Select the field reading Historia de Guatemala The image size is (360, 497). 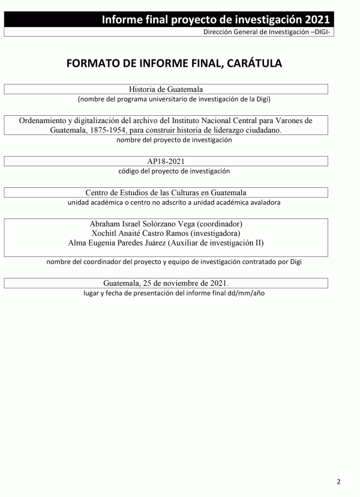166,89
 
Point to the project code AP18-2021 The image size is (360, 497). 166,161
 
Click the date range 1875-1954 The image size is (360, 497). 103,130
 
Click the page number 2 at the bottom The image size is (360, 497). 338,481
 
